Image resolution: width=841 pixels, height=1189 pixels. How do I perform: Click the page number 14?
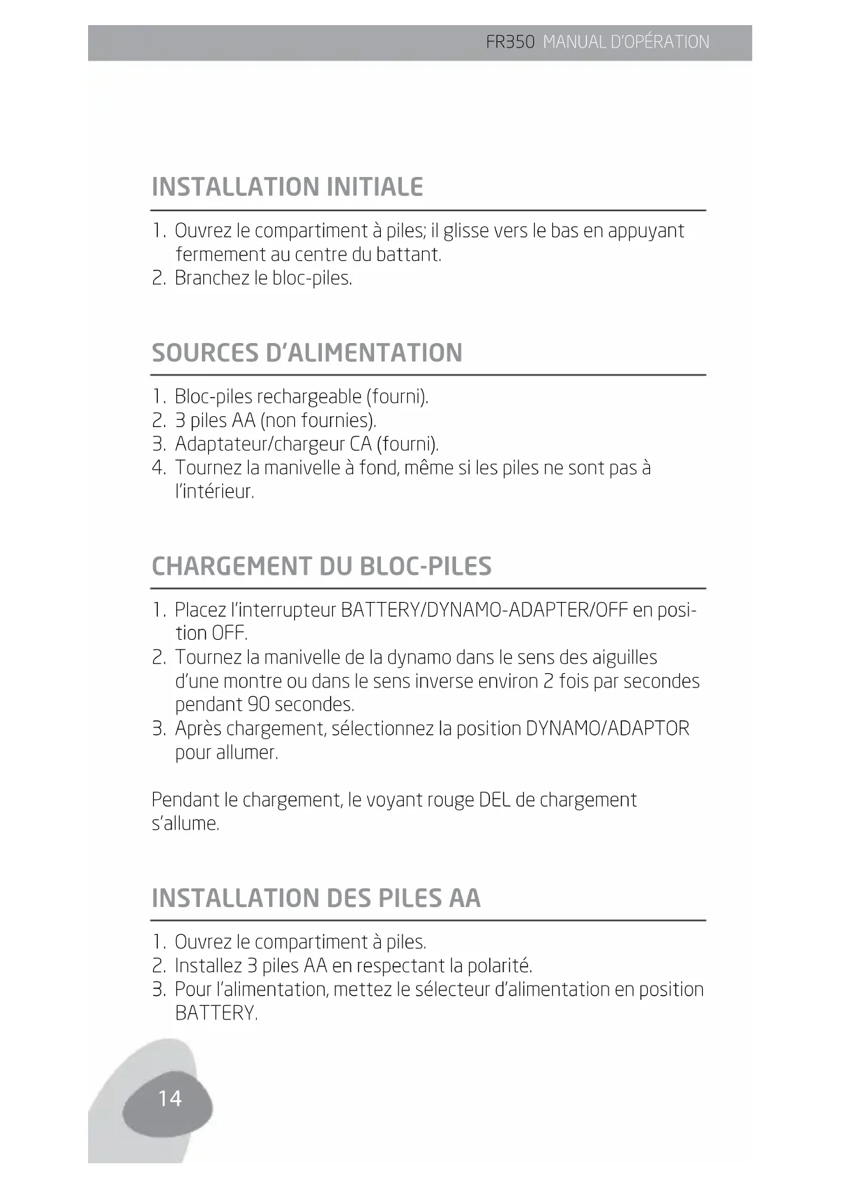click(169, 1098)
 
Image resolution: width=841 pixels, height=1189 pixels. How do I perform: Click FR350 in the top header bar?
click(510, 42)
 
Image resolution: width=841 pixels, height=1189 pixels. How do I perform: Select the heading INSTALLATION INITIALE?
click(287, 187)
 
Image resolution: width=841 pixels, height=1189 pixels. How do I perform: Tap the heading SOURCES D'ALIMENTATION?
click(307, 353)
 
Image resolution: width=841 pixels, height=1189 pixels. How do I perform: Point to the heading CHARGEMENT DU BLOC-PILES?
click(321, 566)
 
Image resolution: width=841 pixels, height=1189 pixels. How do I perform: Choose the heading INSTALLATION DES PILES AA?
click(316, 898)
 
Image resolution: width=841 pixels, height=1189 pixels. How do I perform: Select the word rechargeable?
click(309, 397)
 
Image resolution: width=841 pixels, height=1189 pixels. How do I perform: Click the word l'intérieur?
click(214, 491)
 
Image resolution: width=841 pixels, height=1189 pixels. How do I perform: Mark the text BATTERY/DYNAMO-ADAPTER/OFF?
click(484, 610)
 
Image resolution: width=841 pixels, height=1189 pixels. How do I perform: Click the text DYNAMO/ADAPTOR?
click(607, 729)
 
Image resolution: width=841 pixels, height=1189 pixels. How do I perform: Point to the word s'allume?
click(185, 824)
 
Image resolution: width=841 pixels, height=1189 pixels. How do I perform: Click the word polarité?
click(499, 966)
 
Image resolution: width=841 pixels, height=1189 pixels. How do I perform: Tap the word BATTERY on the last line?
click(216, 1013)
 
